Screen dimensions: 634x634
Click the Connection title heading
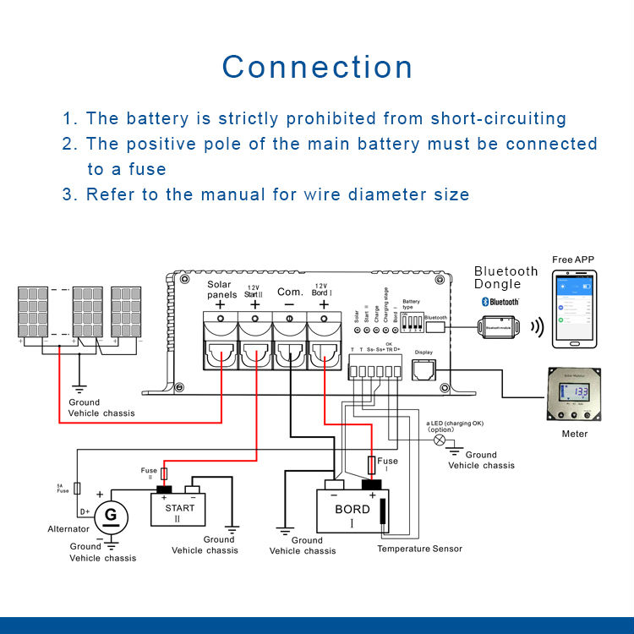pyautogui.click(x=317, y=68)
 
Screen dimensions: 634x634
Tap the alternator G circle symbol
pyautogui.click(x=110, y=514)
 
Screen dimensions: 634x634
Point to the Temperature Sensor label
pyautogui.click(x=420, y=549)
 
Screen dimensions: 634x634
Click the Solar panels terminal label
pyautogui.click(x=221, y=289)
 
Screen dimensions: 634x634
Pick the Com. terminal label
pyautogui.click(x=290, y=292)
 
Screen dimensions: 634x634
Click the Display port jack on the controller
pyautogui.click(x=423, y=369)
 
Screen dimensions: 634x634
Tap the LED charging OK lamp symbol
pyautogui.click(x=438, y=440)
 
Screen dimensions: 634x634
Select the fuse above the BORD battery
pyautogui.click(x=372, y=465)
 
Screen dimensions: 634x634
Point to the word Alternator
pyautogui.click(x=68, y=529)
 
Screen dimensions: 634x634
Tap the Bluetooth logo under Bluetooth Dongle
pyautogui.click(x=500, y=302)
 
